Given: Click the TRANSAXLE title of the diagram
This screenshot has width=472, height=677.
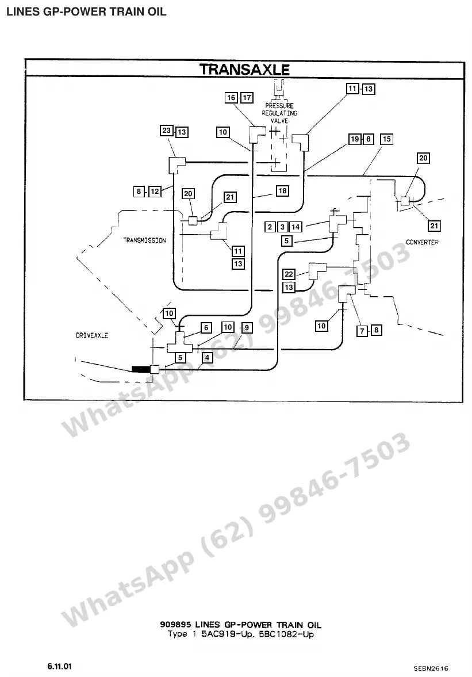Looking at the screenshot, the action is click(x=244, y=70).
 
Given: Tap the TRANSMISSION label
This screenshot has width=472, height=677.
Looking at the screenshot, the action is click(x=144, y=240).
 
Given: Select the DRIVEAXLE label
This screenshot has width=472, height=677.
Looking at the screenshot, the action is click(x=92, y=335).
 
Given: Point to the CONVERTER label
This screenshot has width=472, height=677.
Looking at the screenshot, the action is click(x=422, y=242).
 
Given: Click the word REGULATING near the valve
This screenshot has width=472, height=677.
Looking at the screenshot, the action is click(x=279, y=113).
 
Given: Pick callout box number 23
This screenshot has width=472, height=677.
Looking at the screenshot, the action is click(x=167, y=131).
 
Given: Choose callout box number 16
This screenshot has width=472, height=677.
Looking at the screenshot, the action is click(x=231, y=98).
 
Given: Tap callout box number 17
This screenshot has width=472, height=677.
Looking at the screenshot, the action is click(x=247, y=98).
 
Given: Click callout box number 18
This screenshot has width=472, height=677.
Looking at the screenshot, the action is click(x=282, y=191).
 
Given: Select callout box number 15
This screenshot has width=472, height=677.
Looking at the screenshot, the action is click(x=386, y=139).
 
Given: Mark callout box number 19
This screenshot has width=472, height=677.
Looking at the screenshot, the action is click(x=355, y=139).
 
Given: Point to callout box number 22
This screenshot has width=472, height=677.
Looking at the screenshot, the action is click(x=289, y=274).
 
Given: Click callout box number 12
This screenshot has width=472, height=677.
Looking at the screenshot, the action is click(x=155, y=191).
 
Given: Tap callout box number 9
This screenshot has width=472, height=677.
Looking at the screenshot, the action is click(x=247, y=328).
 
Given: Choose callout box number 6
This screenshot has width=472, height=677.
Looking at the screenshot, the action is click(x=206, y=328).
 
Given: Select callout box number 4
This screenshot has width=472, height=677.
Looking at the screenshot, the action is click(x=207, y=358).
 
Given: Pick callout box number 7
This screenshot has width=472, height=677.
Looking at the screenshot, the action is click(x=362, y=331).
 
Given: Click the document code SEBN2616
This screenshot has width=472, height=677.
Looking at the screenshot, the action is click(x=431, y=668).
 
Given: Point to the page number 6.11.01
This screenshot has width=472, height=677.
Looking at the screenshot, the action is click(x=60, y=666).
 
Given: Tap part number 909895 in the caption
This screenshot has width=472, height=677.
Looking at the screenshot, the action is click(x=175, y=624).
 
